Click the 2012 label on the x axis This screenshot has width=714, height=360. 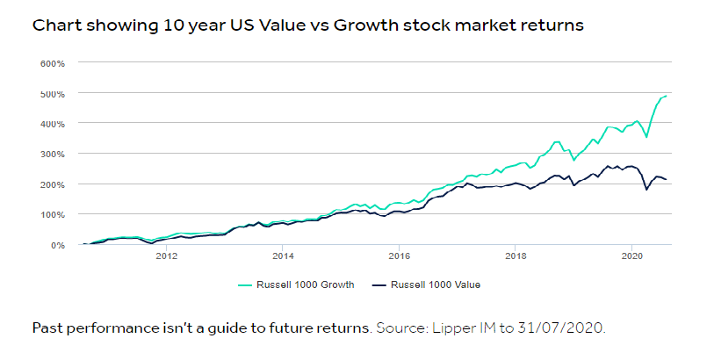(166, 257)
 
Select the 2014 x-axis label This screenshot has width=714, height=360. (283, 257)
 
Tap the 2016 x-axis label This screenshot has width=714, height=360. (400, 257)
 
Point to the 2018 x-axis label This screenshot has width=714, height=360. (516, 257)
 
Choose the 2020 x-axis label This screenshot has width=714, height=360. (632, 257)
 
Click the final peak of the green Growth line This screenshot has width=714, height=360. (667, 95)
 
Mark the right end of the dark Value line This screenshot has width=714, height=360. (667, 180)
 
